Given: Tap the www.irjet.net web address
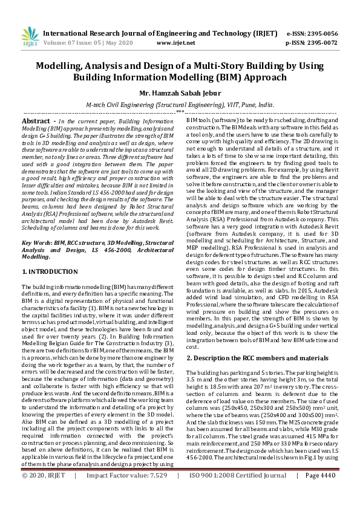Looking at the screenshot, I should (175, 44).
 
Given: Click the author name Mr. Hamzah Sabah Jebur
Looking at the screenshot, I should (180, 93).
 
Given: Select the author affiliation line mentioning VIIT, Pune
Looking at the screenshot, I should (180, 105).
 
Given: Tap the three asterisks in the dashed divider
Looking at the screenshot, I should (180, 112).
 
